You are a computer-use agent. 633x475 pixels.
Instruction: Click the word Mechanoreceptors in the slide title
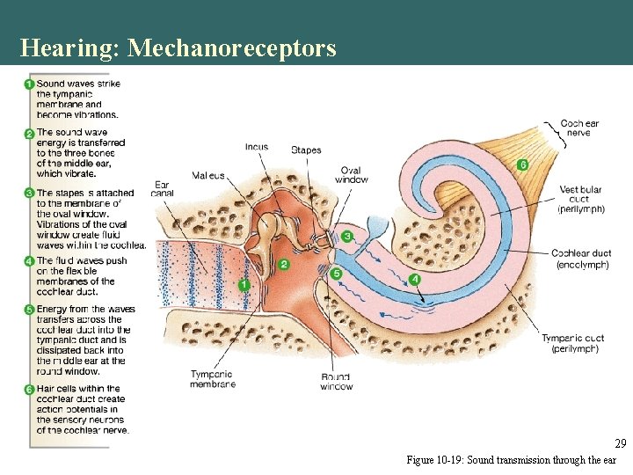231,47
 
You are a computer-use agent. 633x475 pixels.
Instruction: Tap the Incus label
257,147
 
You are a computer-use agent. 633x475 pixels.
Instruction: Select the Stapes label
306,150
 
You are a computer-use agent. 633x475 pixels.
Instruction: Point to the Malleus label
208,176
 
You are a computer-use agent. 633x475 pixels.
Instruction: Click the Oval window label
352,175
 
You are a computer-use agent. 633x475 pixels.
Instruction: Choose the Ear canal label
162,189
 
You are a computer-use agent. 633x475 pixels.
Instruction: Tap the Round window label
337,382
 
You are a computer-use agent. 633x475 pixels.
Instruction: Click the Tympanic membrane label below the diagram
213,379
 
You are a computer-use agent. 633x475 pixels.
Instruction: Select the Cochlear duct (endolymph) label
581,259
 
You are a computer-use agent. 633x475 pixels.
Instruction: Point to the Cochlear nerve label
579,129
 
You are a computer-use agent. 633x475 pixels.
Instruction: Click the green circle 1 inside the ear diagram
244,285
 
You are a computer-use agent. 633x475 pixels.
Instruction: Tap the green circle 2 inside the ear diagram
284,264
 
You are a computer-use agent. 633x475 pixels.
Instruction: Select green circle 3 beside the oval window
347,237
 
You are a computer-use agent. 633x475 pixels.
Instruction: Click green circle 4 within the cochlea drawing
415,279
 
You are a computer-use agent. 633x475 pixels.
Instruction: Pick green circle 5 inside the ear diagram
336,274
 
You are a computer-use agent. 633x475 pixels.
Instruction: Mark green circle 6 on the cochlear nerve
522,164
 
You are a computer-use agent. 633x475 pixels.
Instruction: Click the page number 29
620,443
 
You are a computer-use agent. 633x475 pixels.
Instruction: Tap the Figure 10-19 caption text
511,460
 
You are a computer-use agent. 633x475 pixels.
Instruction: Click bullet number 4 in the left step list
30,261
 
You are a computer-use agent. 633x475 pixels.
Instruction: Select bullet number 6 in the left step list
30,389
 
